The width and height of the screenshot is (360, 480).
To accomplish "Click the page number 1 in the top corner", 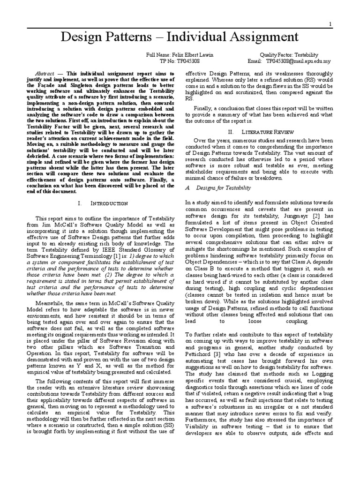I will click(x=330, y=24).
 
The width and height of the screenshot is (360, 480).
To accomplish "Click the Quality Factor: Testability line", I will click(x=288, y=55).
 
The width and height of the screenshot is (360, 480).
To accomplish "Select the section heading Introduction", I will click(x=109, y=203).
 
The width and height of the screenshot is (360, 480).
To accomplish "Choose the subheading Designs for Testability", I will click(x=223, y=187).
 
